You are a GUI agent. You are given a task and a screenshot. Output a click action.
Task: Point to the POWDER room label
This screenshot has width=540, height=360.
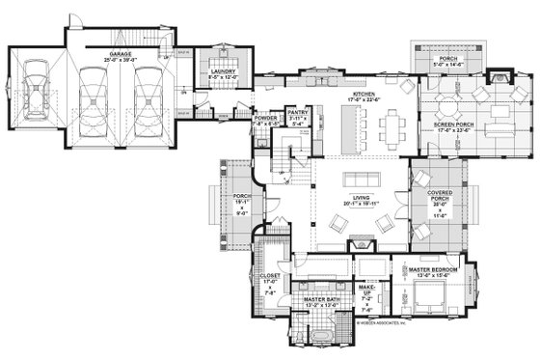(x=265, y=120)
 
